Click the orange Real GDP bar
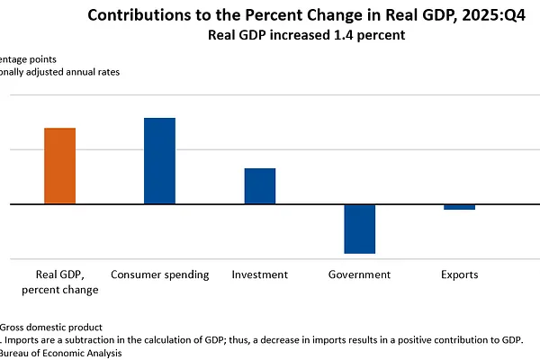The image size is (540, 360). (x=60, y=166)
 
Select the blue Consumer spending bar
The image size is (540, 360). (x=160, y=160)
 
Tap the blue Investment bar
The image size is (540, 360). (x=260, y=185)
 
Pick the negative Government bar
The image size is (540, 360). (x=360, y=229)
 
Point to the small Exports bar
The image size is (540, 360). (x=460, y=207)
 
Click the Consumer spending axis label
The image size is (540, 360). (x=160, y=274)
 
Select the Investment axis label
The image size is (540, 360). (x=259, y=274)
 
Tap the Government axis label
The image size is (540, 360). (x=359, y=274)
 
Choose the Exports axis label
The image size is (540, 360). (x=459, y=274)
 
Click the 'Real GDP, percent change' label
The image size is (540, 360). (x=60, y=282)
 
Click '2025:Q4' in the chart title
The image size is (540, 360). (x=491, y=15)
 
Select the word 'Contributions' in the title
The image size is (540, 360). (x=144, y=15)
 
